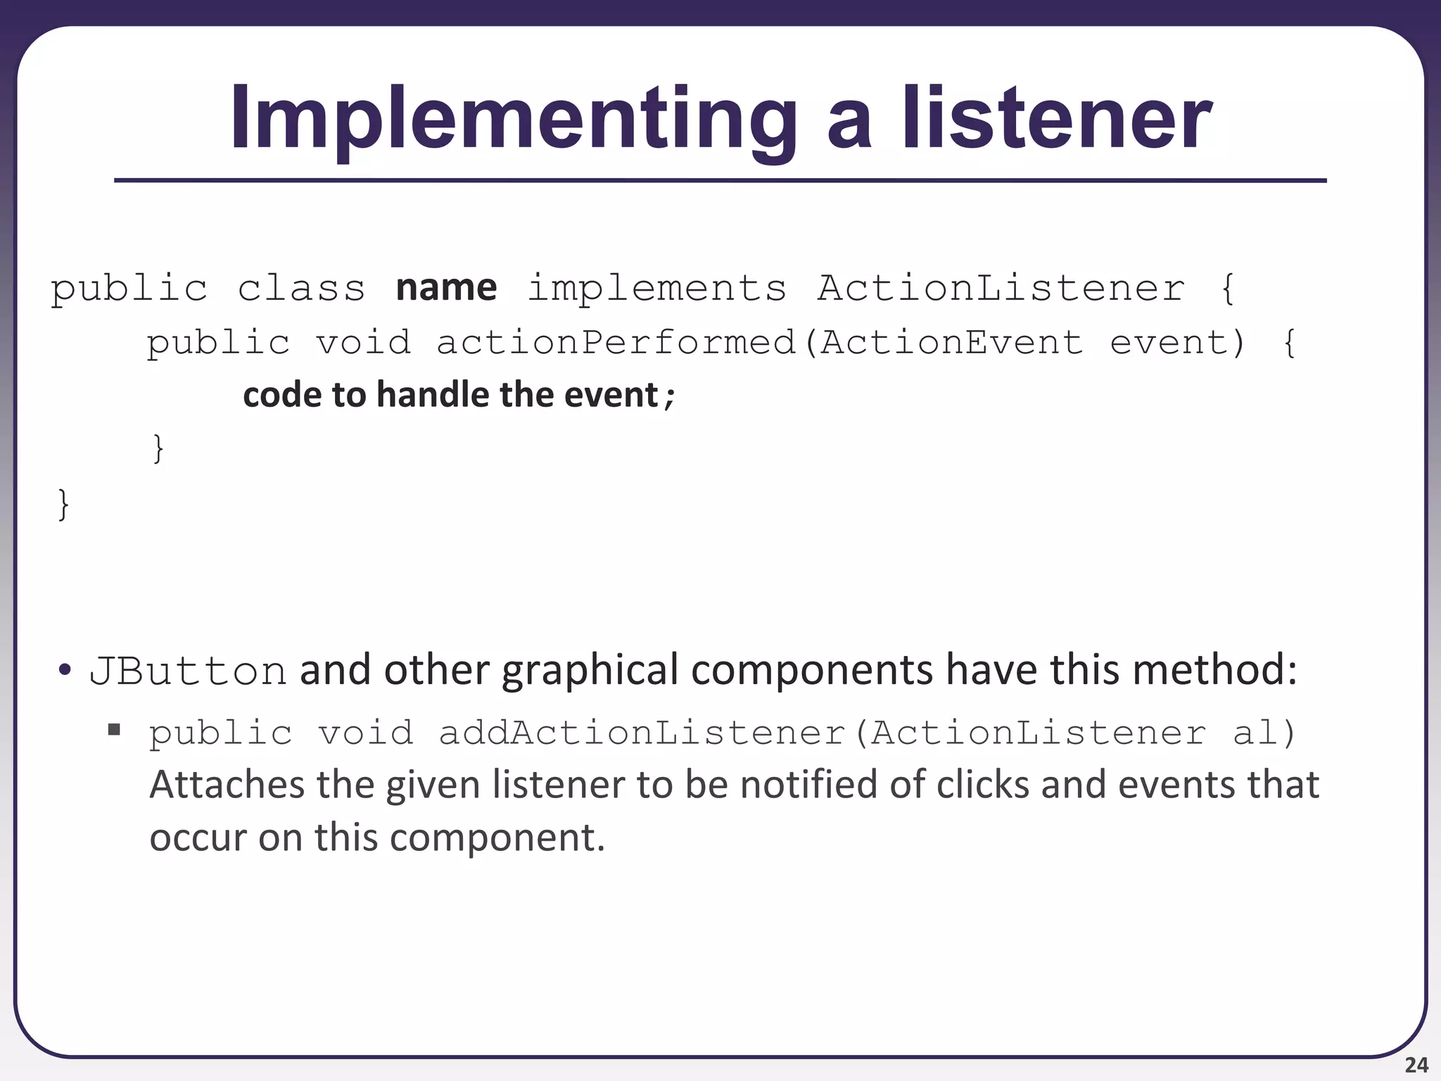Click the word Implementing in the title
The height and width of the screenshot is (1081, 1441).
tap(514, 120)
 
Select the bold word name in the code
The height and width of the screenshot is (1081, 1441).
tap(446, 288)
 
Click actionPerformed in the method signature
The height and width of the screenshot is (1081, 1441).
tap(616, 343)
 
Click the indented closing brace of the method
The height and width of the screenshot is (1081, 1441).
tap(158, 448)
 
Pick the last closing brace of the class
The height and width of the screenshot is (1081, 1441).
tap(63, 504)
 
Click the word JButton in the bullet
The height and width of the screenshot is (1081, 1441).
tap(188, 671)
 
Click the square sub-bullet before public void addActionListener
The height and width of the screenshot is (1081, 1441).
tap(114, 729)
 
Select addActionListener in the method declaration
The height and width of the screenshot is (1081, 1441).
tap(641, 733)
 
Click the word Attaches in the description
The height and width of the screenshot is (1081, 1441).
tap(227, 785)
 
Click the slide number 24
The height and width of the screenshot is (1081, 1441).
tap(1416, 1065)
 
